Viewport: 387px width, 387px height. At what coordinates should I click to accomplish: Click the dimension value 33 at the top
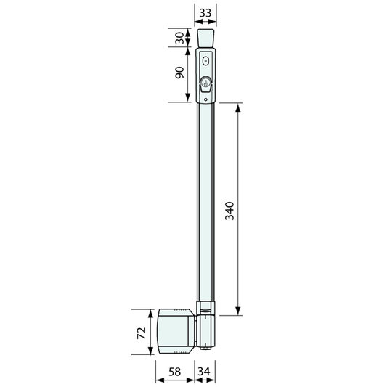(205, 13)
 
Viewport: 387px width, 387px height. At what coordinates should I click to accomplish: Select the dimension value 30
(179, 38)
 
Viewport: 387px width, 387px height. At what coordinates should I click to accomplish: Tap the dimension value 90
(179, 73)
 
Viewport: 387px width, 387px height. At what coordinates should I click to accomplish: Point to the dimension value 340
(229, 211)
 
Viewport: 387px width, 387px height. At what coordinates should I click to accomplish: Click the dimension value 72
(142, 333)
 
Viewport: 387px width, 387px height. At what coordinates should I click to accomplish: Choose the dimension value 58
(175, 372)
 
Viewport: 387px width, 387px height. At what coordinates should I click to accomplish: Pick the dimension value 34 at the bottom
(204, 372)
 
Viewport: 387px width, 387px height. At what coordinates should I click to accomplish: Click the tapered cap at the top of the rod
(205, 38)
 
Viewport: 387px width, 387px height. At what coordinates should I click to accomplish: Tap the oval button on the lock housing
(205, 61)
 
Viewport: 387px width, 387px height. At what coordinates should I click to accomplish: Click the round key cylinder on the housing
(205, 82)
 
